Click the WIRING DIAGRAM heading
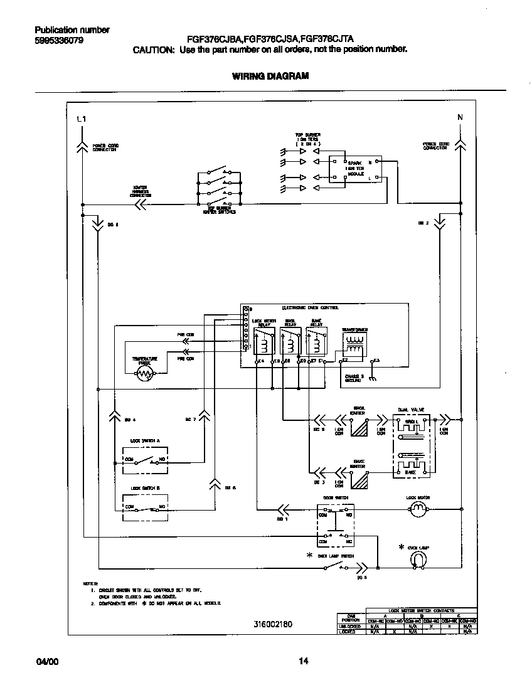coord(270,77)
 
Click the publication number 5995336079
coord(58,41)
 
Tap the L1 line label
coord(81,119)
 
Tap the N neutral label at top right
coord(460,117)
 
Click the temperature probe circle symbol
coord(145,374)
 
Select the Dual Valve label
coord(411,409)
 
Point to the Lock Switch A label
coord(145,441)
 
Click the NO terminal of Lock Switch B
coord(162,506)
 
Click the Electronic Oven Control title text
coord(310,308)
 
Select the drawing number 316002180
coord(273,624)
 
